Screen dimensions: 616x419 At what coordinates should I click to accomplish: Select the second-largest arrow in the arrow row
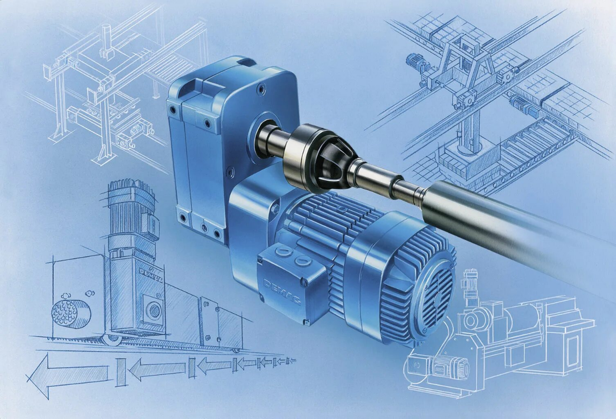(157, 370)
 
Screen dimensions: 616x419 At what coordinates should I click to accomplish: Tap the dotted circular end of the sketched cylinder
(65, 313)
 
